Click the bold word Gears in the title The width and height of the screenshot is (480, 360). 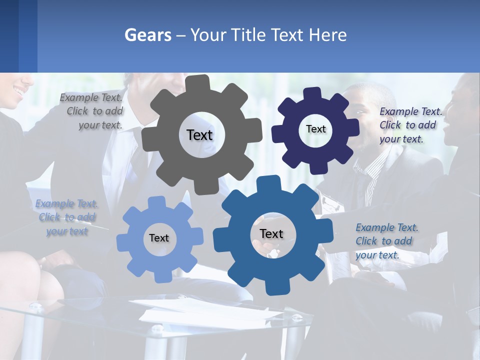(147, 35)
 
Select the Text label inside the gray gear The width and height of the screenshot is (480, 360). (199, 135)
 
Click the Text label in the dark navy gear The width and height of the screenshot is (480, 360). (315, 129)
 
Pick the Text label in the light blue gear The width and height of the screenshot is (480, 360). (159, 238)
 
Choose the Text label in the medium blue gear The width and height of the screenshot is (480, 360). (271, 233)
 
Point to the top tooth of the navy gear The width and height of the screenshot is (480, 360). (312, 93)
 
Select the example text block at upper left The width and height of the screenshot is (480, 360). (93, 111)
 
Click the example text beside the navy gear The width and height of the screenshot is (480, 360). (410, 125)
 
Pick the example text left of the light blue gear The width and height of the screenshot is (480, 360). (67, 217)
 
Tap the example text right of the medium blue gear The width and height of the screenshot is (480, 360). (386, 241)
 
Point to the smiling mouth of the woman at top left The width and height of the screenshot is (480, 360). (18, 92)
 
